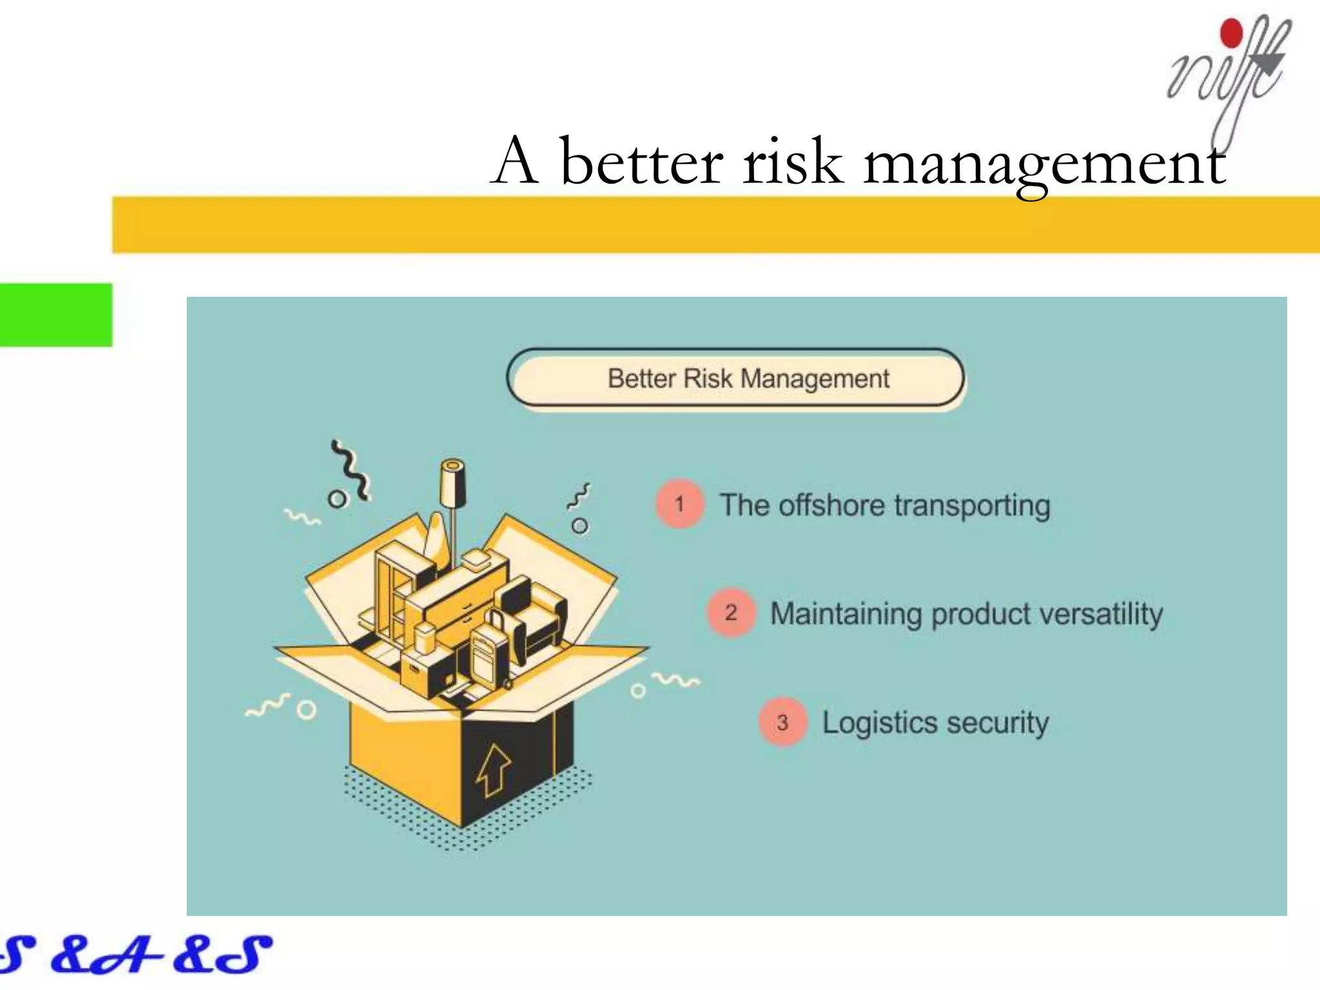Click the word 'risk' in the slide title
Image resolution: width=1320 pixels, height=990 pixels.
(792, 162)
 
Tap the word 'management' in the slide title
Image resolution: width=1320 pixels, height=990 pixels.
(1044, 164)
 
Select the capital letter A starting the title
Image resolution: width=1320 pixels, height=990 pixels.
(515, 160)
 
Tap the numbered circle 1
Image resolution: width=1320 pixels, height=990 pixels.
(679, 504)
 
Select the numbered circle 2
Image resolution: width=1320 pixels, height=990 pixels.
(730, 612)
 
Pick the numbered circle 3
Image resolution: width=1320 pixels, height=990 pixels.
(782, 722)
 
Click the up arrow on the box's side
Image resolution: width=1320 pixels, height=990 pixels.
(493, 770)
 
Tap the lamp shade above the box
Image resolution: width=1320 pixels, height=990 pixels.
(453, 483)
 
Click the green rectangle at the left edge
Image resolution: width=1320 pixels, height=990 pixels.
(55, 315)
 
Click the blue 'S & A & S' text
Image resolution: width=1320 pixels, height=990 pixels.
(135, 955)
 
